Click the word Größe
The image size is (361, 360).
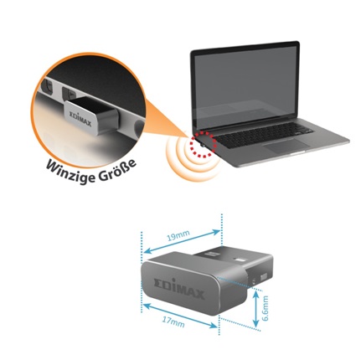click(117, 170)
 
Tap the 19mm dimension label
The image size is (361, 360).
click(178, 236)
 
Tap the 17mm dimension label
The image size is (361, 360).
click(173, 322)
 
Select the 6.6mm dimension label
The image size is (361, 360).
click(265, 308)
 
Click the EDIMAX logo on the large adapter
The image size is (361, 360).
click(179, 288)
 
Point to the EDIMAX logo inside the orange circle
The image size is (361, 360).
click(80, 119)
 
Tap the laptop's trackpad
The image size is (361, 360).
click(286, 145)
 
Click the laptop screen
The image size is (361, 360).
click(245, 84)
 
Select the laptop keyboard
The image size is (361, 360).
click(264, 135)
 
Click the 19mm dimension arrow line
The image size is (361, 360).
click(182, 242)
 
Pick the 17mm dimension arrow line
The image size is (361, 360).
click(180, 316)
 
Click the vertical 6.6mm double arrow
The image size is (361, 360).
click(255, 309)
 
